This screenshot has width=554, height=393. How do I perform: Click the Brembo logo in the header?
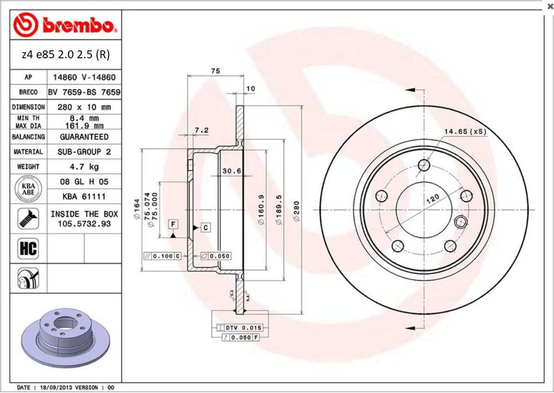coord(65,26)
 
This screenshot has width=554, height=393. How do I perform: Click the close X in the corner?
coord(549,6)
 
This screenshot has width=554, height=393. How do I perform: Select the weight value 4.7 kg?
coord(84,166)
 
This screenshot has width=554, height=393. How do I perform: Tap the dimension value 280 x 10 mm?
coord(84,107)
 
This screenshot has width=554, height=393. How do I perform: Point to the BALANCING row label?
coord(28,137)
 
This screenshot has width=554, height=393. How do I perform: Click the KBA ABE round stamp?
coord(28,189)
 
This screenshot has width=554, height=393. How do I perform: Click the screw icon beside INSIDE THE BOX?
coord(28,218)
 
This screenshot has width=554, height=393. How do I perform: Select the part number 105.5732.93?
coord(84,224)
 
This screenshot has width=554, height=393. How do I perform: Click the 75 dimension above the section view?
coord(215,71)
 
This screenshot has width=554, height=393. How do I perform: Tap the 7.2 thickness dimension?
coord(201,130)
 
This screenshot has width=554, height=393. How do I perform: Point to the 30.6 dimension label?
coord(231,171)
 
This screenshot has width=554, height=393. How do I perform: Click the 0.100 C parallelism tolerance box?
coord(162,256)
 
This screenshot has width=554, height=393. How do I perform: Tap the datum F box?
coord(173,224)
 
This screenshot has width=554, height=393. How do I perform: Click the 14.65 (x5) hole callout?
coord(465,132)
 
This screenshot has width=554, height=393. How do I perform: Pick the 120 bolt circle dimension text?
coord(432,199)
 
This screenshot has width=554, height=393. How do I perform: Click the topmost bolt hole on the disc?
coord(424,165)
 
